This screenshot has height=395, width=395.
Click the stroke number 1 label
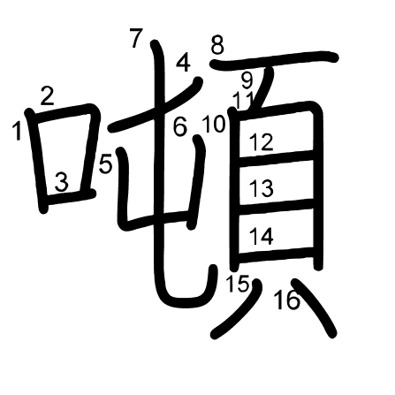tap(18, 132)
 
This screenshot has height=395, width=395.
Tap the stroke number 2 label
tap(47, 96)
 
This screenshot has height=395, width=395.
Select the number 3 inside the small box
tap(62, 182)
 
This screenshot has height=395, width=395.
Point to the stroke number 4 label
tap(183, 63)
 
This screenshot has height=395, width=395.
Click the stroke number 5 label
tap(105, 164)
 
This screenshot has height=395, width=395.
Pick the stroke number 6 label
tap(180, 127)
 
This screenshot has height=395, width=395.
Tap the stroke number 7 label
tap(136, 38)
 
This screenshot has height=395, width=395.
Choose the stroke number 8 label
tap(217, 45)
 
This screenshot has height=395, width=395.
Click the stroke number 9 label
tap(247, 80)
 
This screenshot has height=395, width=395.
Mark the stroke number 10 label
tap(214, 125)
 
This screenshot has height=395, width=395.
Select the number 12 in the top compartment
tap(262, 142)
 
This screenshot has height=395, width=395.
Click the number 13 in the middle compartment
tap(262, 188)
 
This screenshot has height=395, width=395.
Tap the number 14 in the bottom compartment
tap(262, 236)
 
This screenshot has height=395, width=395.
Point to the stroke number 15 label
tap(238, 284)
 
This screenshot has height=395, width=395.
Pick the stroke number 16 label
tap(286, 300)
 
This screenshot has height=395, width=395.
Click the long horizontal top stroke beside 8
tap(274, 58)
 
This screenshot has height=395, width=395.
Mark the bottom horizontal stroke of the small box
tap(71, 197)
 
